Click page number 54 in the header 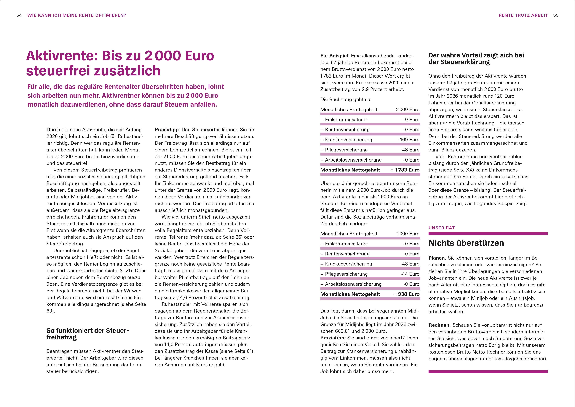tap(19, 15)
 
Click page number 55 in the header tap(556, 15)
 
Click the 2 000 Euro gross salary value tap(407, 110)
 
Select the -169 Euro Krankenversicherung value tap(409, 140)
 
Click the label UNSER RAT tap(442, 228)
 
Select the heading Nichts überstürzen tap(466, 243)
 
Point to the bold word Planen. tap(437, 258)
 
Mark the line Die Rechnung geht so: tap(346, 100)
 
